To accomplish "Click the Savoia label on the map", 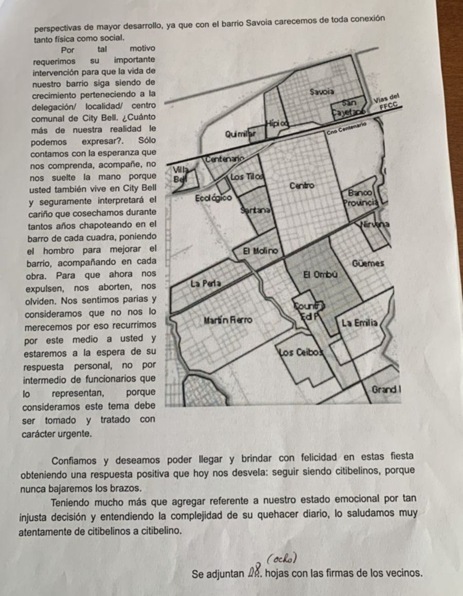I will click(323, 92).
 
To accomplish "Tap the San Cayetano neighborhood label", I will click(350, 107).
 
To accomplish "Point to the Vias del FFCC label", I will click(387, 103).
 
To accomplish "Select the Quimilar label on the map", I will click(240, 134).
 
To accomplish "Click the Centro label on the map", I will click(302, 185).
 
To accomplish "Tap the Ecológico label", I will click(213, 198).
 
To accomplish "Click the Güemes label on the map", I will click(368, 263).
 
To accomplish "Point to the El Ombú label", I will click(320, 275).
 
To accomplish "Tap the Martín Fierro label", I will click(228, 320).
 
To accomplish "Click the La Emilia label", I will click(360, 323).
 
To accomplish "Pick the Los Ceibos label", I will click(302, 352).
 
